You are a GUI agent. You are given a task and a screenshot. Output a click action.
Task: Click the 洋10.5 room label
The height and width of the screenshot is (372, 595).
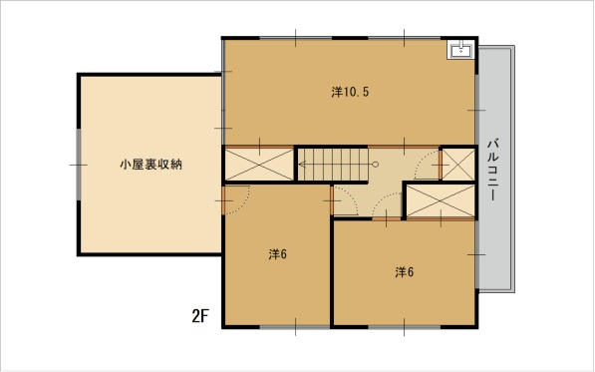(x=350, y=92)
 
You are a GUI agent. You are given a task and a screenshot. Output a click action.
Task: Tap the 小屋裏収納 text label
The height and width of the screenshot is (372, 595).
(x=151, y=165)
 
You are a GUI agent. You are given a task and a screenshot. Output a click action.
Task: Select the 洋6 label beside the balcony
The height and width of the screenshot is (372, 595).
(x=404, y=272)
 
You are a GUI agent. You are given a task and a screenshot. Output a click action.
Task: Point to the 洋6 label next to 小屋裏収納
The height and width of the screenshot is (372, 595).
(x=277, y=254)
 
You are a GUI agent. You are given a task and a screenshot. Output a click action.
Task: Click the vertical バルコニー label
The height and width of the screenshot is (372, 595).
(x=493, y=171)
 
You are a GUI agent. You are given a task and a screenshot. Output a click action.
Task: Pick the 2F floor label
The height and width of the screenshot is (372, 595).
(x=200, y=316)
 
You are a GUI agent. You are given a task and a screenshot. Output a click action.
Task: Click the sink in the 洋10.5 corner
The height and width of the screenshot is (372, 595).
(x=460, y=49)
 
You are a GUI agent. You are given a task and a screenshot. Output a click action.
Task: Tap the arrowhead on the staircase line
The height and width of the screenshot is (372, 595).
(x=302, y=165)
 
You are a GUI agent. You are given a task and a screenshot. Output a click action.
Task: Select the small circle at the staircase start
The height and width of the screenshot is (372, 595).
(x=376, y=165)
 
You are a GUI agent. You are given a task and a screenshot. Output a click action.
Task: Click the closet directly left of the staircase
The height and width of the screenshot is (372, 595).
(x=259, y=165)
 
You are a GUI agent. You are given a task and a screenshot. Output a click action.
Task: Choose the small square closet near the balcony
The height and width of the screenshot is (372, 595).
(x=458, y=165)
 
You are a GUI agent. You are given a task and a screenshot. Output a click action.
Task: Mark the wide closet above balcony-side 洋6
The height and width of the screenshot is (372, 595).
(x=441, y=201)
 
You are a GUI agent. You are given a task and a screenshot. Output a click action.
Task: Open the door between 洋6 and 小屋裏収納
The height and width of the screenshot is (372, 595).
(x=235, y=200)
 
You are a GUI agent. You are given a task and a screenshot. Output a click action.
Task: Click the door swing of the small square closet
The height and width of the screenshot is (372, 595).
(x=428, y=165)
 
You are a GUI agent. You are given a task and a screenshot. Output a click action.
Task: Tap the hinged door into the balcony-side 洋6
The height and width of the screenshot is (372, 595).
(x=387, y=206)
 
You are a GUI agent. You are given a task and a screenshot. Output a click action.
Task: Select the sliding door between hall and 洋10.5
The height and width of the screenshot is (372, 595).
(x=404, y=147)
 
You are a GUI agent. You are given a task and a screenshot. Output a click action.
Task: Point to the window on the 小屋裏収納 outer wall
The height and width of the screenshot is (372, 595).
(x=78, y=165)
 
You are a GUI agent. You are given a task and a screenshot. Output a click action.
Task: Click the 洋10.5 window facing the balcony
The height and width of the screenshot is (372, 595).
(x=476, y=110)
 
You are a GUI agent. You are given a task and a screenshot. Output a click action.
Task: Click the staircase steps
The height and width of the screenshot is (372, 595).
(x=333, y=165)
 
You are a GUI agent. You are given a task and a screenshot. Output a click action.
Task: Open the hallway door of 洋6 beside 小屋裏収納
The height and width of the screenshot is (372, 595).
(x=344, y=200)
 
